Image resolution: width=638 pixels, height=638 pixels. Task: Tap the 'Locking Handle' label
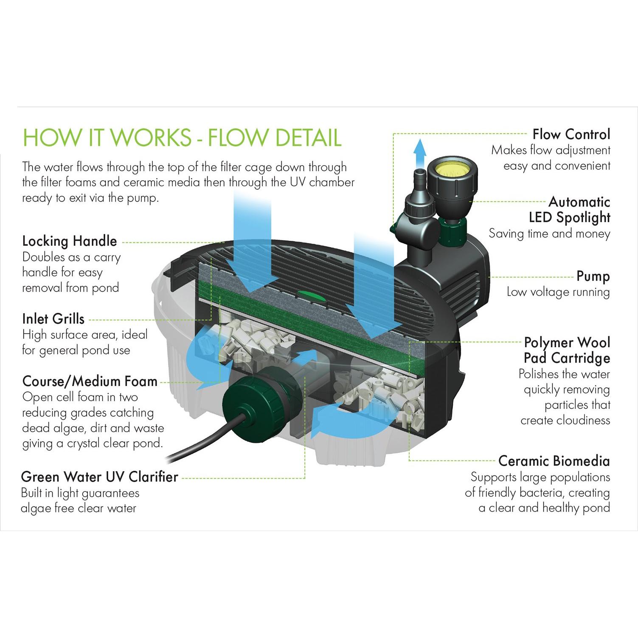tap(70, 241)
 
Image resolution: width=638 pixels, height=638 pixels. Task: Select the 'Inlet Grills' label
tap(53, 319)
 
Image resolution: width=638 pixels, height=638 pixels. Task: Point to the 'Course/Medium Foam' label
tap(90, 381)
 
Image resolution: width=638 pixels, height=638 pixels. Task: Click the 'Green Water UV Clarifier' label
tap(99, 477)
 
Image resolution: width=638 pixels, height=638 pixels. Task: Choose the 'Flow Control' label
tap(571, 135)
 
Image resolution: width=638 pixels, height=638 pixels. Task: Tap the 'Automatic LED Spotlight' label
tap(569, 210)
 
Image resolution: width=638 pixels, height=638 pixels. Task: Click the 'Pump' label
tap(593, 276)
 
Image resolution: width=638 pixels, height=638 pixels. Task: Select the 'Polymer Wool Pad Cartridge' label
tap(567, 350)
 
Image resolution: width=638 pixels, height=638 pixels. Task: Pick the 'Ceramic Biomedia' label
tap(554, 461)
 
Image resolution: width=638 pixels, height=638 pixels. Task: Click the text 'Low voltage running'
tap(558, 292)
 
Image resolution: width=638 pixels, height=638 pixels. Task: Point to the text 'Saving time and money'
tap(549, 233)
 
